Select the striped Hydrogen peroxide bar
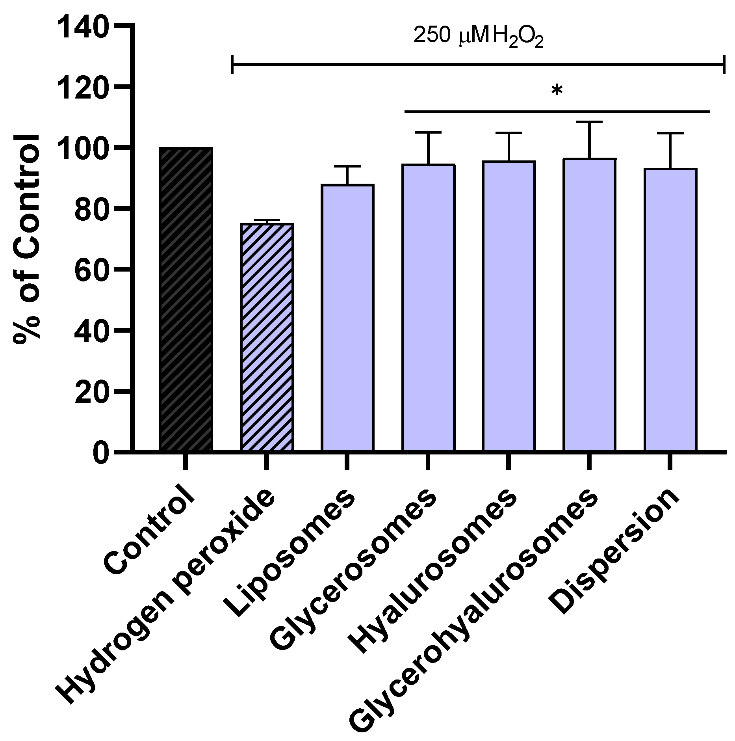pos(267,337)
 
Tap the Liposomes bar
pos(347,317)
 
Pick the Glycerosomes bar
pos(428,307)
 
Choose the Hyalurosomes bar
pos(509,305)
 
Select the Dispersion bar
pos(670,309)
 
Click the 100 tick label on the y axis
pos(82,148)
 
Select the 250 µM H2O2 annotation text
pos(478,37)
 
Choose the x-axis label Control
pos(150,532)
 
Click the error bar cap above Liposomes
pos(347,167)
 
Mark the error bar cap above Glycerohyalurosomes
pos(590,122)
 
